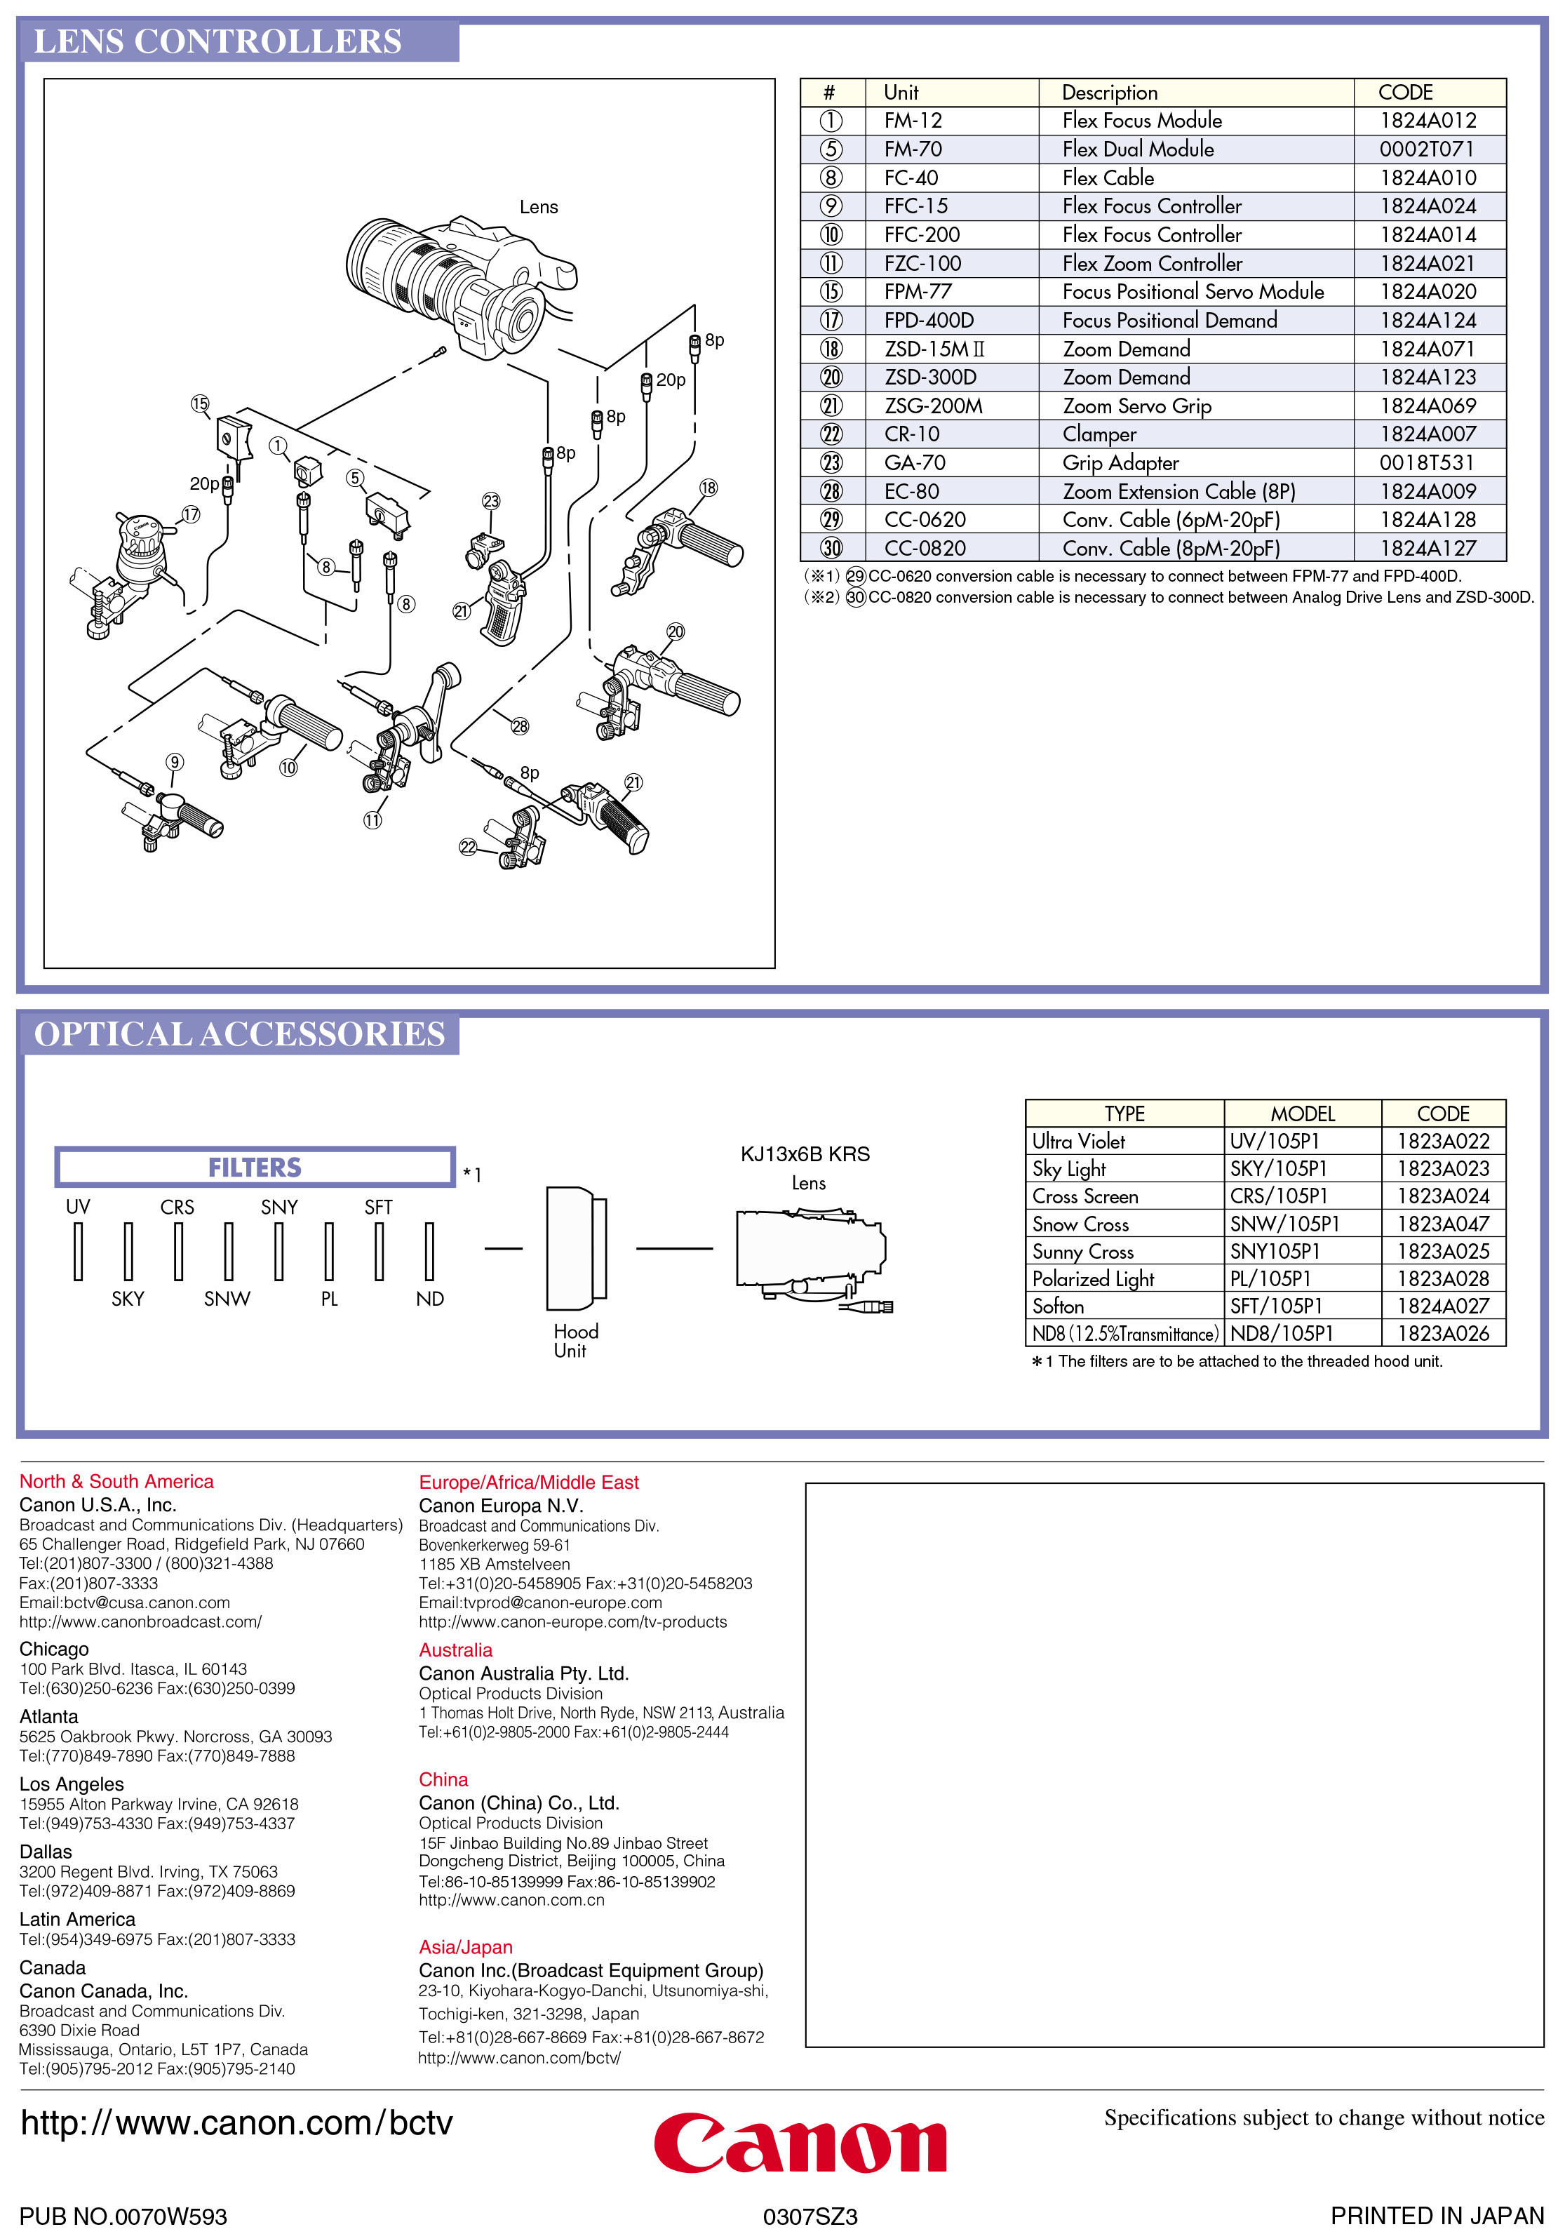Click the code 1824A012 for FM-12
1427,121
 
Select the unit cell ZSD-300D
930,377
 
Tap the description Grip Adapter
1120,463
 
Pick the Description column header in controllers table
1109,93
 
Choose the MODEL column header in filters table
1303,1114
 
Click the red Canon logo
800,2143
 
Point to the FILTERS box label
255,1168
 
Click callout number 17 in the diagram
191,515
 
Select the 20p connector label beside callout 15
203,483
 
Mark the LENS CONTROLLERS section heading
218,42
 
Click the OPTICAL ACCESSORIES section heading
239,1034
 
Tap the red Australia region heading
455,1650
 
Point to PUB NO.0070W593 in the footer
123,2216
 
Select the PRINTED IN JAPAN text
1436,2216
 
